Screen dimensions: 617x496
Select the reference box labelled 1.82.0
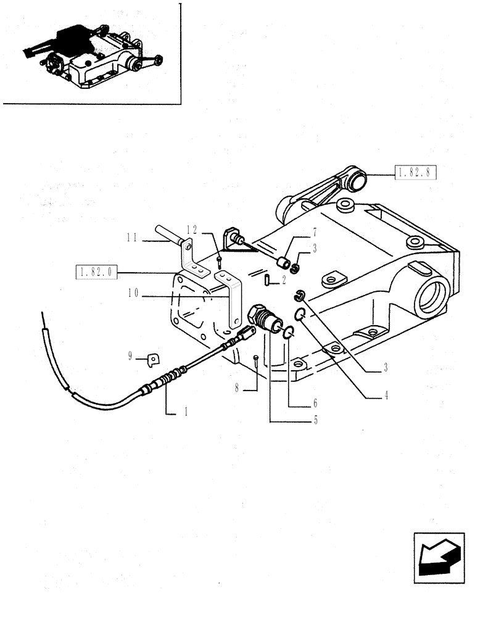[x=96, y=271]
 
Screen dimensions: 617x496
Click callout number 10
[x=133, y=294]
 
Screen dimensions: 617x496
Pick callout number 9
[x=130, y=355]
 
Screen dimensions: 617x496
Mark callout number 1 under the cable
[x=184, y=413]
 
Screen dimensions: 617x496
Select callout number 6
[x=315, y=404]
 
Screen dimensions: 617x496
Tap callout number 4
[x=387, y=397]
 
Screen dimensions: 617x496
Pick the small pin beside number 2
[x=267, y=281]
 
